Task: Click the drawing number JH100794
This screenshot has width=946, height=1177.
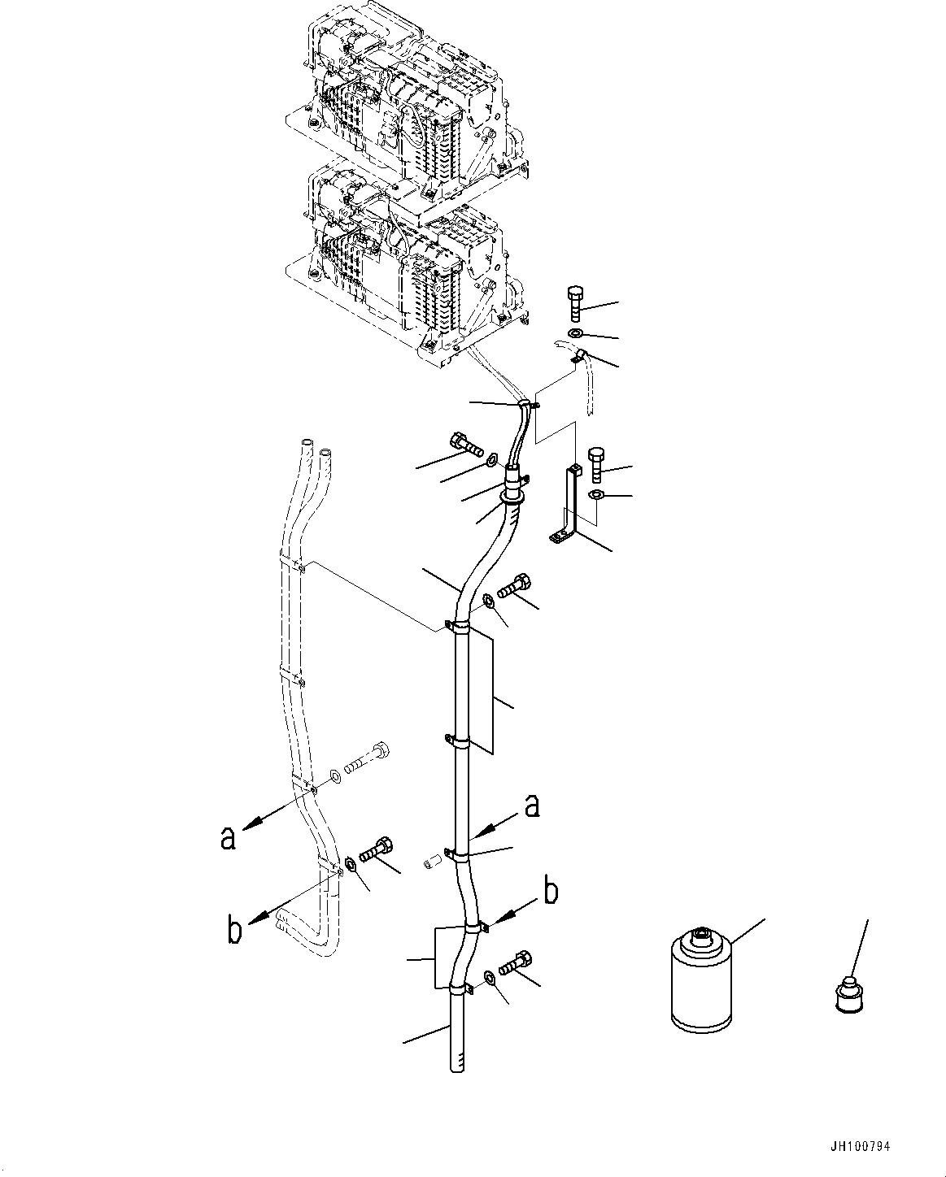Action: pos(861,1147)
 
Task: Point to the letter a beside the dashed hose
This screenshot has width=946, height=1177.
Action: pos(228,836)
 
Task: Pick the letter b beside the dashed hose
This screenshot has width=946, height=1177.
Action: pos(234,931)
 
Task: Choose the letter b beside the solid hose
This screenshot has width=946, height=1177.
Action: pos(551,892)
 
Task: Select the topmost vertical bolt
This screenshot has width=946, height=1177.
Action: pos(574,304)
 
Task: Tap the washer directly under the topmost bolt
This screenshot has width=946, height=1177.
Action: pos(575,334)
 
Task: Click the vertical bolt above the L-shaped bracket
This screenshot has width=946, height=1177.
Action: pos(597,464)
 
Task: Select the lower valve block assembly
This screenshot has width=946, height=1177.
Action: pos(399,268)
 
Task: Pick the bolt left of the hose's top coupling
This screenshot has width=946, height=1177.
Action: pos(463,442)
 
